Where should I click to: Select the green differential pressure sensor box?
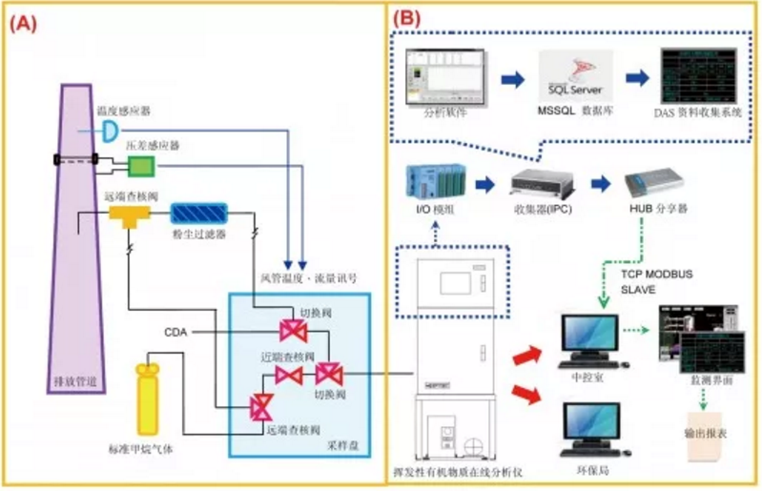click(141, 167)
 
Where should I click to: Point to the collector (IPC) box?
click(537, 183)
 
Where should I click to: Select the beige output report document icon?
click(705, 431)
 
